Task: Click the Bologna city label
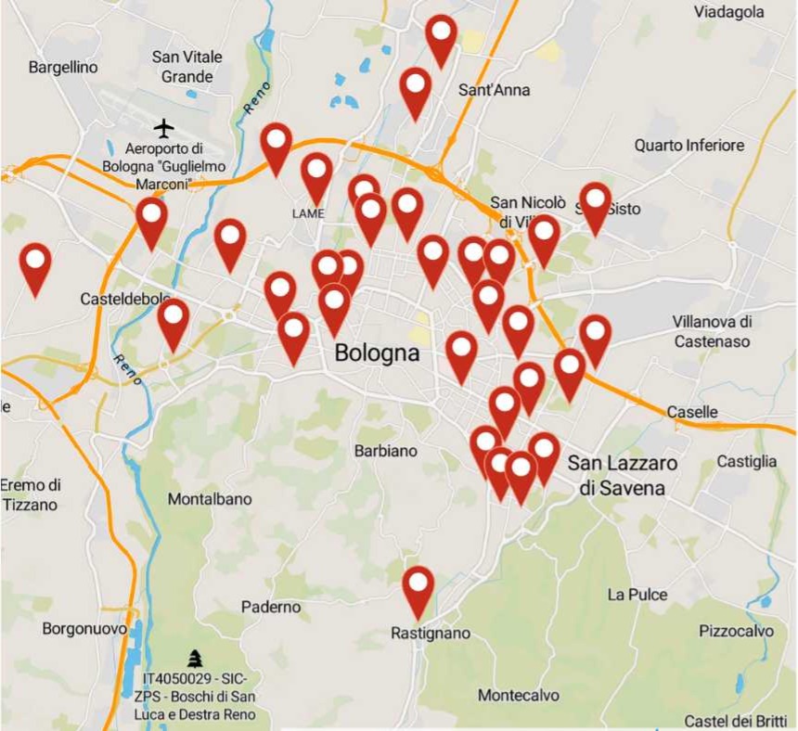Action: pyautogui.click(x=377, y=353)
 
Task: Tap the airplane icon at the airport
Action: pyautogui.click(x=164, y=126)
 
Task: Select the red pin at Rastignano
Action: pyautogui.click(x=418, y=586)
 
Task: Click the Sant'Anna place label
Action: pyautogui.click(x=495, y=90)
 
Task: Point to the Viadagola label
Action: pyautogui.click(x=729, y=12)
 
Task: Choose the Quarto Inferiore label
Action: pyautogui.click(x=689, y=146)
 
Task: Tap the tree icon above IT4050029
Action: pyautogui.click(x=195, y=659)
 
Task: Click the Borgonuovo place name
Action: pyautogui.click(x=84, y=629)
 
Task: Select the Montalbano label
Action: pyautogui.click(x=210, y=499)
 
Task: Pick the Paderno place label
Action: pyautogui.click(x=271, y=607)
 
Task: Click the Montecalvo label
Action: pyautogui.click(x=519, y=695)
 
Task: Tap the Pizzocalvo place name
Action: pyautogui.click(x=736, y=631)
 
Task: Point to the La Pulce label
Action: pyautogui.click(x=637, y=594)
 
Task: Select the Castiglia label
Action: pyautogui.click(x=747, y=461)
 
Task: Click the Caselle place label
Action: pyautogui.click(x=692, y=412)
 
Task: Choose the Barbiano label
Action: pyautogui.click(x=386, y=451)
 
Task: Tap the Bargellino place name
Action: pyautogui.click(x=63, y=67)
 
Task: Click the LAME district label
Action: pyautogui.click(x=308, y=213)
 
